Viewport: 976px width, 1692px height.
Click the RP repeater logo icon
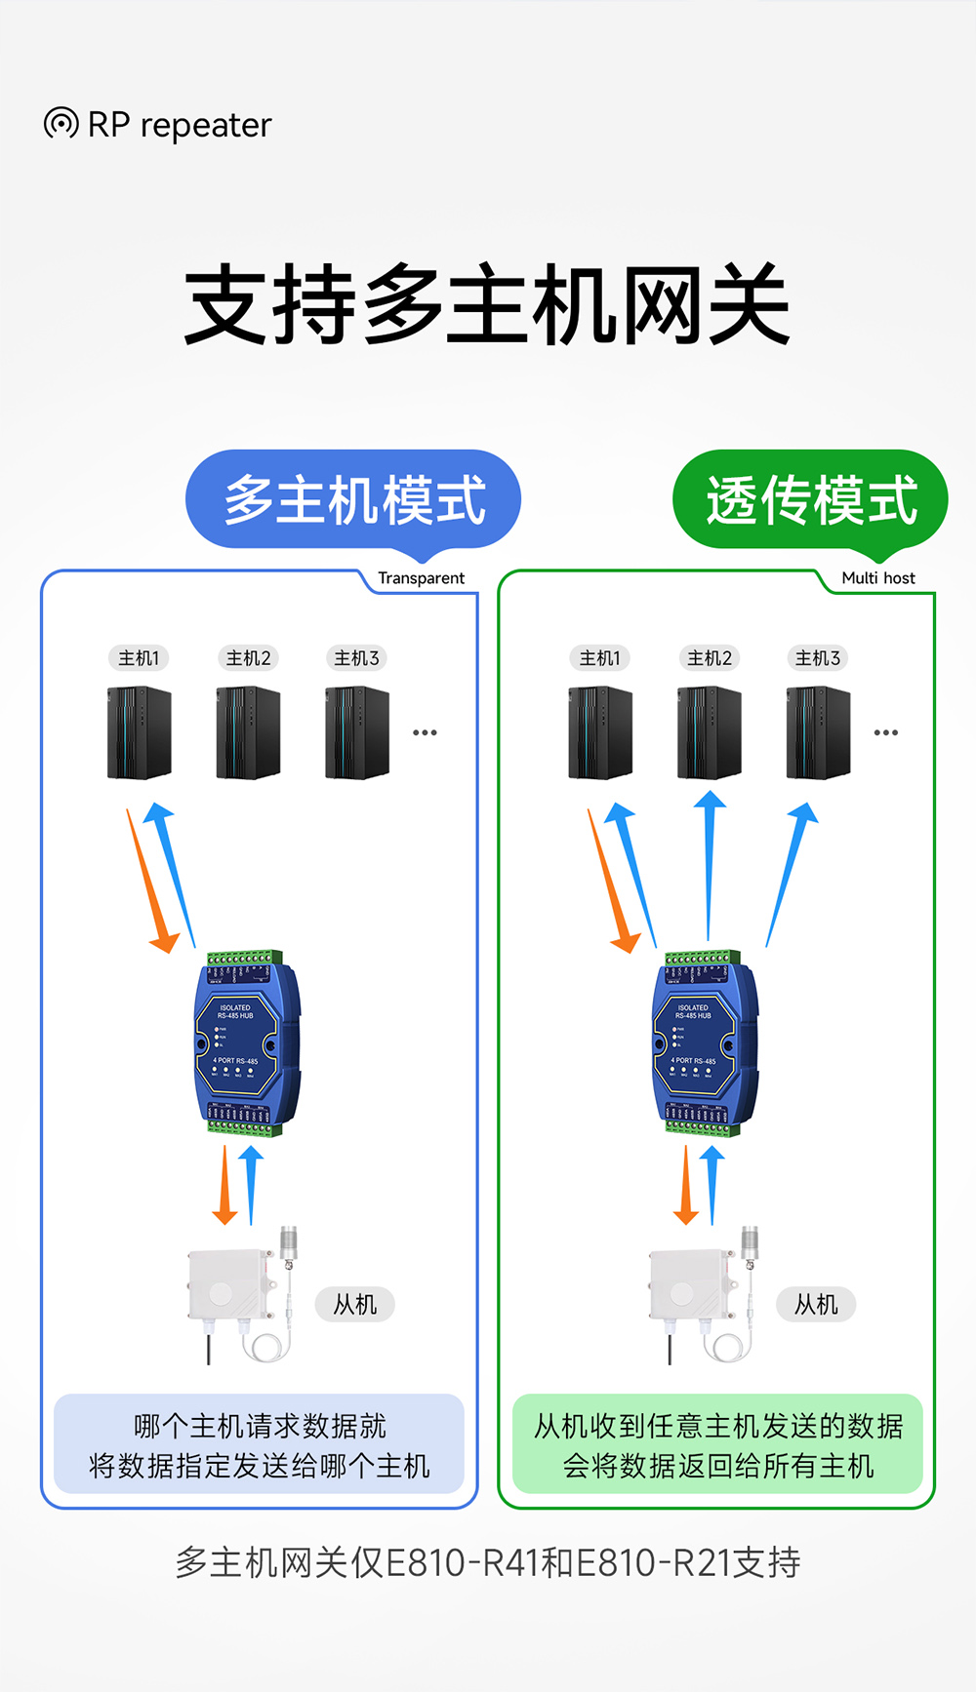pos(61,124)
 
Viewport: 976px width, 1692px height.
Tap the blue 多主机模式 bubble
pos(353,499)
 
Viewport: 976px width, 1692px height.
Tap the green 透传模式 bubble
pos(810,499)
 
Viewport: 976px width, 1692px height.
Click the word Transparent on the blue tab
pos(421,578)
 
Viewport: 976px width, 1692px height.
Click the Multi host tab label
pos(877,578)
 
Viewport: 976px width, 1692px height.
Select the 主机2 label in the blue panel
pos(248,658)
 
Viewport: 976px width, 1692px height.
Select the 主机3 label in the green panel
pos(817,658)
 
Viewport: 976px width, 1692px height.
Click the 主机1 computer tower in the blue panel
pos(140,733)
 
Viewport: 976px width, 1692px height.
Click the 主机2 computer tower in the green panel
pos(710,733)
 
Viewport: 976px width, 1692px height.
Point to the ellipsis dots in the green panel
pos(886,732)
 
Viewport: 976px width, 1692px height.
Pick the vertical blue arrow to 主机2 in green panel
pos(710,863)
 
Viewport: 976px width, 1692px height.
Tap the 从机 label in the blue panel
pos(354,1305)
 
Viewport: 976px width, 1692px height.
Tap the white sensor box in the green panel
pos(688,1287)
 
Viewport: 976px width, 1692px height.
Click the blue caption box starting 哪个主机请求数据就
pos(259,1444)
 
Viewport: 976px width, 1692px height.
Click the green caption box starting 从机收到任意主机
pos(717,1444)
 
